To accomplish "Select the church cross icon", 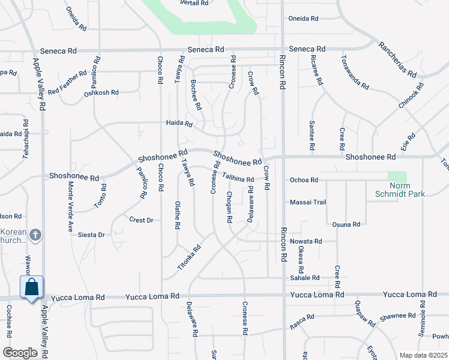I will click(35, 235).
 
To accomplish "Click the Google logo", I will click(20, 352).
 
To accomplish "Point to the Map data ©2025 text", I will click(423, 355).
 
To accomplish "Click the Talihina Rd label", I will click(238, 178).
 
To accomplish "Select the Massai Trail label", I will click(308, 202).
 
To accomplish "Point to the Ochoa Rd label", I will click(303, 179).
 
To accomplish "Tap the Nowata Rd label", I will click(306, 241).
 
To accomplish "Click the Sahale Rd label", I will click(306, 278).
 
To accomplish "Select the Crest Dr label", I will click(141, 220).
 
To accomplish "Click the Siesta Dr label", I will click(91, 235).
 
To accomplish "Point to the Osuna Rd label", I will click(346, 224).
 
